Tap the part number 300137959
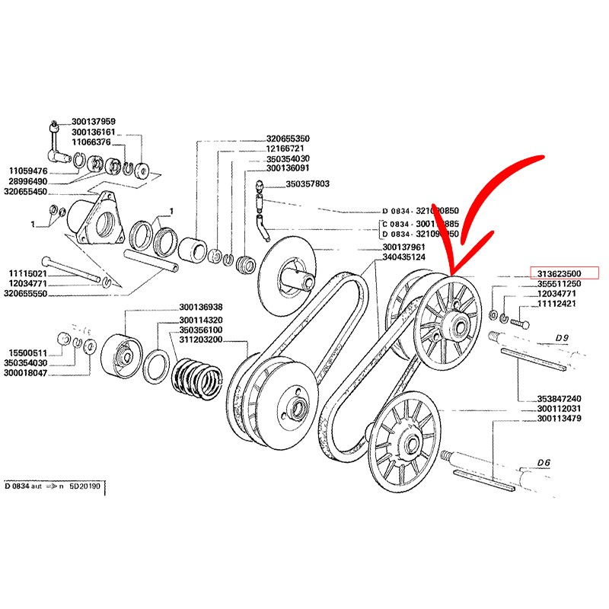click(94, 121)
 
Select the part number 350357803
click(308, 183)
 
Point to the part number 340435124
click(404, 257)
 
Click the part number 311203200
click(201, 340)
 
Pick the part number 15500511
click(28, 352)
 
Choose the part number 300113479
click(559, 418)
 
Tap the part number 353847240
click(559, 398)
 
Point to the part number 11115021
click(28, 273)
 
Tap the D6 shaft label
click(544, 461)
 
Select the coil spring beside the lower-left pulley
click(196, 378)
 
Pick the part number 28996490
click(28, 182)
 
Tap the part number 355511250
click(560, 284)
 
